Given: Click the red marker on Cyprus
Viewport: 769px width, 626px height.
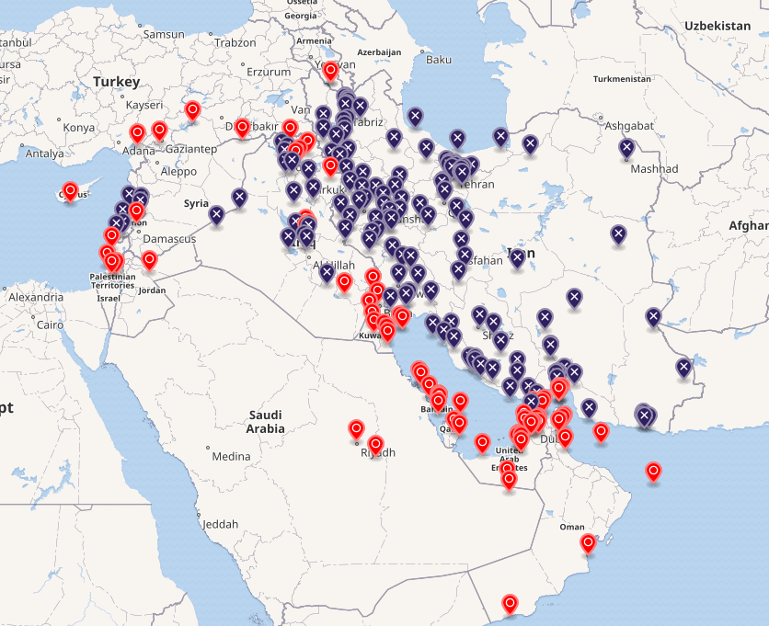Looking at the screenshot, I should click(70, 192).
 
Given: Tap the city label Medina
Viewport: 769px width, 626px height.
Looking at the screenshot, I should click(231, 456).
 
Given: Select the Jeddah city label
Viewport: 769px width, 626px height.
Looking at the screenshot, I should click(220, 524).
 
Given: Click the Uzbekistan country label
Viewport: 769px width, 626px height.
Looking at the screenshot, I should click(717, 26).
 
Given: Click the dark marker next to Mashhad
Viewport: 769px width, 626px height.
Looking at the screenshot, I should click(626, 147).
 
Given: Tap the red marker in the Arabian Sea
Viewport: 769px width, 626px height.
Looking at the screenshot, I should click(653, 472).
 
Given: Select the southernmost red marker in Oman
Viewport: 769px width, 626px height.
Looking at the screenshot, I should click(511, 604).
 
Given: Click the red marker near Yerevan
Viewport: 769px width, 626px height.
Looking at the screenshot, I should click(330, 70).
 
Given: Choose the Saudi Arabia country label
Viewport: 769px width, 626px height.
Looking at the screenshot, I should click(265, 422).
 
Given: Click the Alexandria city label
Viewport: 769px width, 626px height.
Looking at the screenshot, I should click(36, 297).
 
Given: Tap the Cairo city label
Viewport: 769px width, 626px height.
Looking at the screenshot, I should click(50, 324).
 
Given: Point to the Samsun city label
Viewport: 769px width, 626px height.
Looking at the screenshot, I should click(164, 34).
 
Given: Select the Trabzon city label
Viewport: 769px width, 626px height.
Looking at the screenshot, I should click(235, 42).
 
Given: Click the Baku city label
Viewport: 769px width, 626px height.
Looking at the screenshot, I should click(439, 60).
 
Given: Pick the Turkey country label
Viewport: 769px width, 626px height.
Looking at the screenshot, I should click(116, 82).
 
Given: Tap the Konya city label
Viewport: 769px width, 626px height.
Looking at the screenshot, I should click(78, 128).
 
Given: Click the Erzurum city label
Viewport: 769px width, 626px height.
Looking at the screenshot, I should click(269, 71).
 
